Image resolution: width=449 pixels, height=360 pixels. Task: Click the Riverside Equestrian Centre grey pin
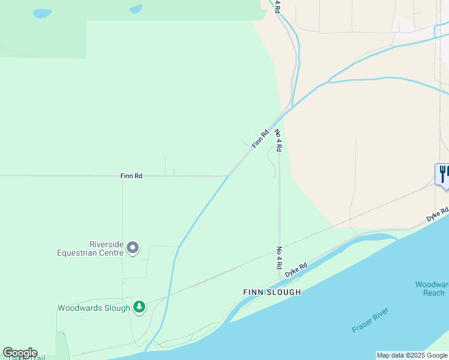tap(133, 247)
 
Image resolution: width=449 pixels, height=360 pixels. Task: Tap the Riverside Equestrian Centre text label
tap(91, 248)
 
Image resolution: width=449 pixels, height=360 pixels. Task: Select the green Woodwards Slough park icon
tap(139, 307)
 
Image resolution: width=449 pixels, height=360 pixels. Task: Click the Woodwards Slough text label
tap(94, 308)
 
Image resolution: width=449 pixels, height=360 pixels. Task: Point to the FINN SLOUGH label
tap(272, 292)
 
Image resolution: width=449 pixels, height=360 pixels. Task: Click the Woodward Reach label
tap(432, 288)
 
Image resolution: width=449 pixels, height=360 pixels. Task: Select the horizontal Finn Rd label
tap(131, 176)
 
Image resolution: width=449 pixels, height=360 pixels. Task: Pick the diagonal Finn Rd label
tap(260, 139)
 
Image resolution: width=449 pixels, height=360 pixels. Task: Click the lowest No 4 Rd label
tap(279, 257)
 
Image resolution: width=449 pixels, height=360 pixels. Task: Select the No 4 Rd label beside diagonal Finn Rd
tap(278, 140)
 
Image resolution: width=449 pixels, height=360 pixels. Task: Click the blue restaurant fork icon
tap(443, 175)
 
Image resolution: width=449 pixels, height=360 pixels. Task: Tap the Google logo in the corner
tap(20, 352)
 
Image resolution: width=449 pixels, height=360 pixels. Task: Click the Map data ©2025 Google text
tap(412, 355)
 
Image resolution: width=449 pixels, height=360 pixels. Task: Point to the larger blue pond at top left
tap(42, 13)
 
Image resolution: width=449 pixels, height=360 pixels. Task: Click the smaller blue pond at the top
tap(136, 9)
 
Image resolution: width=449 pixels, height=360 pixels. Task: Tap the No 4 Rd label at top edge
tap(277, 6)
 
